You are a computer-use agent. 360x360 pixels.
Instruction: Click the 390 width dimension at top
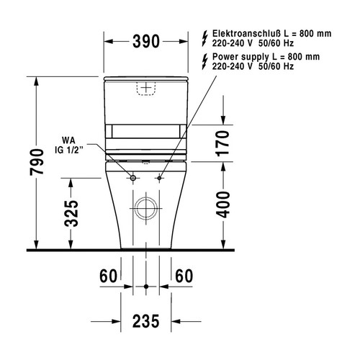(146, 42)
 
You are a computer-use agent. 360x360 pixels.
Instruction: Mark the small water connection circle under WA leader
(133, 177)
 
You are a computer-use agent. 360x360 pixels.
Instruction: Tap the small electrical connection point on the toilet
(159, 177)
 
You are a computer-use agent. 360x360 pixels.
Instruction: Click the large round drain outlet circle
(146, 209)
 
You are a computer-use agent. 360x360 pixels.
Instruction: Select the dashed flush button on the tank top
(146, 87)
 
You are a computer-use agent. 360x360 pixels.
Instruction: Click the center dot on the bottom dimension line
(146, 287)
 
